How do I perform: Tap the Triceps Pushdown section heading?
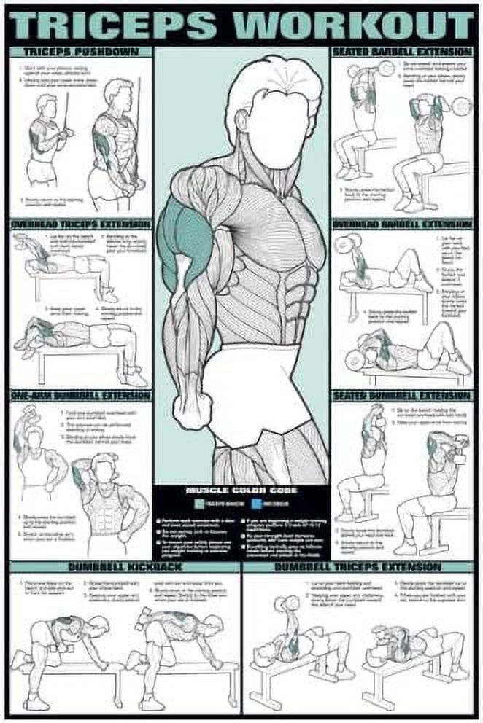pyautogui.click(x=81, y=52)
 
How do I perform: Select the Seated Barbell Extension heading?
pyautogui.click(x=402, y=52)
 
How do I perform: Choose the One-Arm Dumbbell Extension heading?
pyautogui.click(x=81, y=396)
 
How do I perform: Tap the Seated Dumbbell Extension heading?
pyautogui.click(x=402, y=396)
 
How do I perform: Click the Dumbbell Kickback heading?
pyautogui.click(x=125, y=566)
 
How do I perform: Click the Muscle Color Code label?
pyautogui.click(x=241, y=491)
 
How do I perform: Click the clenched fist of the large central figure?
pyautogui.click(x=193, y=411)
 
